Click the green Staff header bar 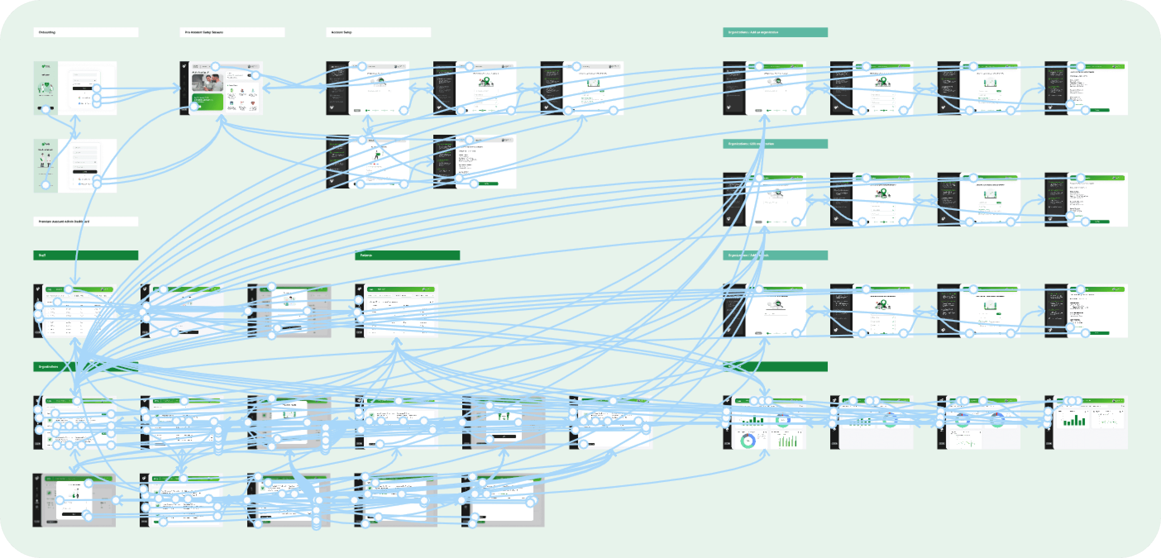point(86,255)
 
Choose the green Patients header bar point(407,255)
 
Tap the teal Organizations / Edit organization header point(775,144)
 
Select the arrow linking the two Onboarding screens point(75,127)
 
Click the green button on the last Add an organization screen point(1100,110)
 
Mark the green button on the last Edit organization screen point(1100,221)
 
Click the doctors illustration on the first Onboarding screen point(45,88)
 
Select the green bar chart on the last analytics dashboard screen point(1073,420)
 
